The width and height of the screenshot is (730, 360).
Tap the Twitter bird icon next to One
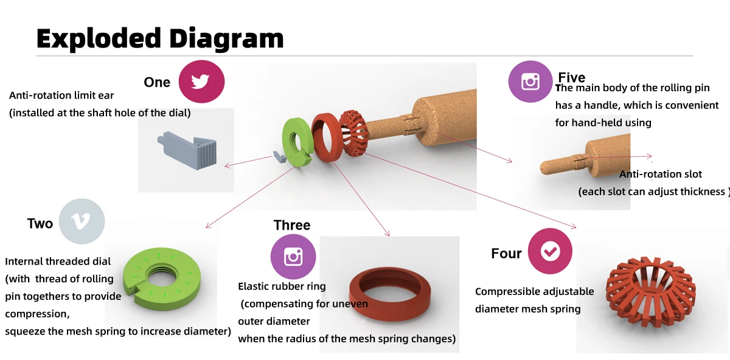[x=201, y=81]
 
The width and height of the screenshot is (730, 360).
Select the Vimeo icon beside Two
[x=82, y=221]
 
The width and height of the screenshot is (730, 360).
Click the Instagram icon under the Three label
[x=293, y=257]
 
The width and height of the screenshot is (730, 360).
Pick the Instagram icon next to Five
[x=530, y=81]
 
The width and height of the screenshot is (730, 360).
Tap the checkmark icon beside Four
[x=550, y=251]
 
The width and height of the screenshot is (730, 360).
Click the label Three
[x=292, y=226]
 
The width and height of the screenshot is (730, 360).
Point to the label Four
[x=506, y=254]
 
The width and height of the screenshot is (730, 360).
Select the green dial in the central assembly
[x=296, y=142]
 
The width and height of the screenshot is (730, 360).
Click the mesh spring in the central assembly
[x=355, y=133]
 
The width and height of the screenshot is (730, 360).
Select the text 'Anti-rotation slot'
[x=661, y=175]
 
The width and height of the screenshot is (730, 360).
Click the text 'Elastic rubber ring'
[x=282, y=286]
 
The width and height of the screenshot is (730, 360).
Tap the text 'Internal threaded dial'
[x=58, y=261]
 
